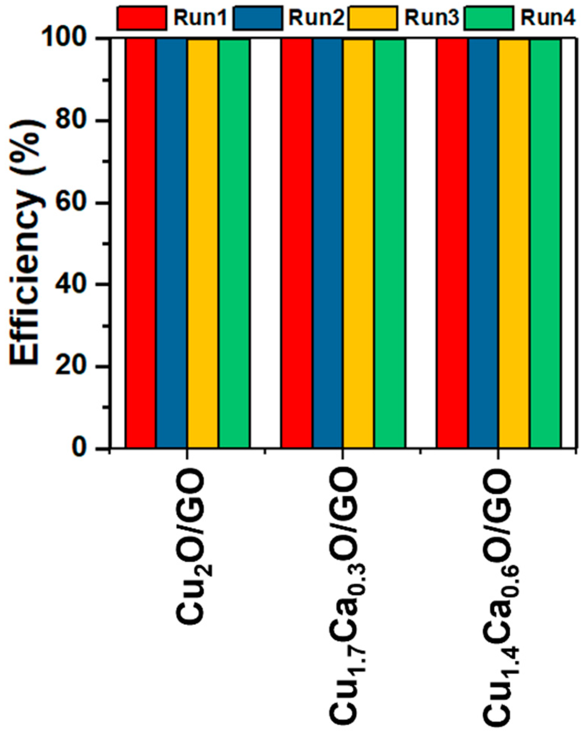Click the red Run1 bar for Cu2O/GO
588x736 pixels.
pyautogui.click(x=140, y=243)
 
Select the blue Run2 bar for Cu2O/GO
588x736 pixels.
pyautogui.click(x=171, y=243)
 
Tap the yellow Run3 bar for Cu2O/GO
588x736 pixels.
pyautogui.click(x=203, y=243)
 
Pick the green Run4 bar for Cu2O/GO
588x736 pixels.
pyautogui.click(x=234, y=243)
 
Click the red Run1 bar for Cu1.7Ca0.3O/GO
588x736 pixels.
pyautogui.click(x=296, y=243)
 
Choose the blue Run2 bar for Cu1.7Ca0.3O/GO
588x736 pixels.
pyautogui.click(x=327, y=243)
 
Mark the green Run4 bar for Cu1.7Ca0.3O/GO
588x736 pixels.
pyautogui.click(x=390, y=243)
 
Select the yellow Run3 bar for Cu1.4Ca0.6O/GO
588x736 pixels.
pyautogui.click(x=514, y=243)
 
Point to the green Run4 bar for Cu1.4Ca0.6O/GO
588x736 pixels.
pyautogui.click(x=545, y=243)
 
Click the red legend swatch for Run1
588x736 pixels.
pyautogui.click(x=142, y=18)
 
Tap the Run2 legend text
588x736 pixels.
pyautogui.click(x=316, y=18)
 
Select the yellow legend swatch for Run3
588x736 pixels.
pyautogui.click(x=372, y=18)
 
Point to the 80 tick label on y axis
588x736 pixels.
pyautogui.click(x=70, y=121)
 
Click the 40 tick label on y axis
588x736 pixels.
pyautogui.click(x=70, y=284)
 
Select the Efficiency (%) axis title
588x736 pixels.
pyautogui.click(x=25, y=243)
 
